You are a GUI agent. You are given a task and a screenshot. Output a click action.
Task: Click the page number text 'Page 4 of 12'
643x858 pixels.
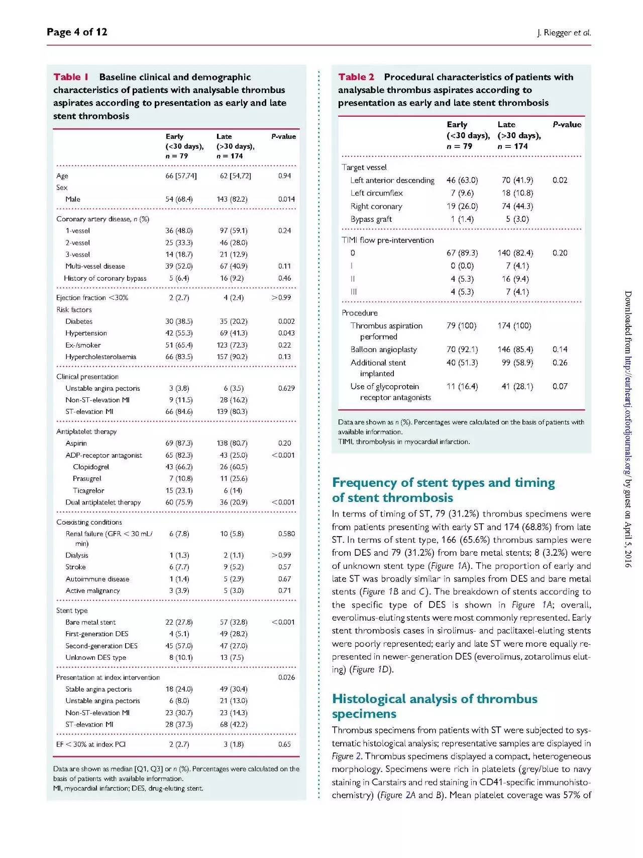77,32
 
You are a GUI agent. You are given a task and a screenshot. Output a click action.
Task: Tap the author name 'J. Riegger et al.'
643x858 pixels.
564,33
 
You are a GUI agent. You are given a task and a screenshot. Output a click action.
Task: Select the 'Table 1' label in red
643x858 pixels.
71,77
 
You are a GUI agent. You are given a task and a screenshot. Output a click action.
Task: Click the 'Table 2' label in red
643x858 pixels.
356,77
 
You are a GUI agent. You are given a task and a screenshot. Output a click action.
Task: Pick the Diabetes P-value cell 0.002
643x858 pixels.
286,321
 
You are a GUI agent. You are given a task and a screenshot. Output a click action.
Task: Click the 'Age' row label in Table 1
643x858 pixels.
62,176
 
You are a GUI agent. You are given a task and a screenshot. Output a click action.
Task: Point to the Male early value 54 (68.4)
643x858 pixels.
179,199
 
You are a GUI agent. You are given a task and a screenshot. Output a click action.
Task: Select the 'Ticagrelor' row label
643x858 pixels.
88,490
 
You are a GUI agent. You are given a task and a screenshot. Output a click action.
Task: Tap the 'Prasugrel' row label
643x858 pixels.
87,478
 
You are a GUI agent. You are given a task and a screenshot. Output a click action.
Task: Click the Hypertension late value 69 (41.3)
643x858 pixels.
234,333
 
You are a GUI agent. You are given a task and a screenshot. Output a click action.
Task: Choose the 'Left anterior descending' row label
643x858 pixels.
392,180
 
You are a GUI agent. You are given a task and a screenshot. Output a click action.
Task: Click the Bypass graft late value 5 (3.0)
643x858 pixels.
517,219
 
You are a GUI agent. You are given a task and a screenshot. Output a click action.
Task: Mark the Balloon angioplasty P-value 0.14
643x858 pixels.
560,349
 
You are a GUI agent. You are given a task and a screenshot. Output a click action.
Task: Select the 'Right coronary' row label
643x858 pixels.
376,206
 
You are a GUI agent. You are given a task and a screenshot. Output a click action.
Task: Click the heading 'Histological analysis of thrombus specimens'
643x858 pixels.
435,706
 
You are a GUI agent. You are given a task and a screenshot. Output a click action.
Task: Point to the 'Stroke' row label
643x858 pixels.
75,567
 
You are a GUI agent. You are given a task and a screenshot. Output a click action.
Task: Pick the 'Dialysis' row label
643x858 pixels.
77,555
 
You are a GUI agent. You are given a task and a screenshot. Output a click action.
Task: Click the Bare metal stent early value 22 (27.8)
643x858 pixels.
179,622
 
